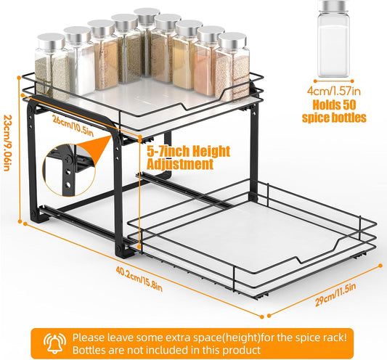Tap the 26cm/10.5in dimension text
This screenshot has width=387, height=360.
[x=73, y=126]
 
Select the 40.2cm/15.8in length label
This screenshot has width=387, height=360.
[x=139, y=279]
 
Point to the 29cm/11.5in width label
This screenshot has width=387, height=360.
[x=335, y=295]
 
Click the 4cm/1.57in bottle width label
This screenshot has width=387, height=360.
[x=334, y=91]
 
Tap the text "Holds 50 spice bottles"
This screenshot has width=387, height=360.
[x=334, y=111]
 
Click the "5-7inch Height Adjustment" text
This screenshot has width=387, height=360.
[x=189, y=157]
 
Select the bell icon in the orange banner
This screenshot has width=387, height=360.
[x=54, y=343]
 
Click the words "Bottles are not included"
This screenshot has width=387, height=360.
[x=131, y=350]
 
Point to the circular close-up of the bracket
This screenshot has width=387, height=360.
[x=69, y=170]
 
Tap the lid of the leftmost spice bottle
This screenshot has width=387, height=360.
[x=51, y=41]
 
